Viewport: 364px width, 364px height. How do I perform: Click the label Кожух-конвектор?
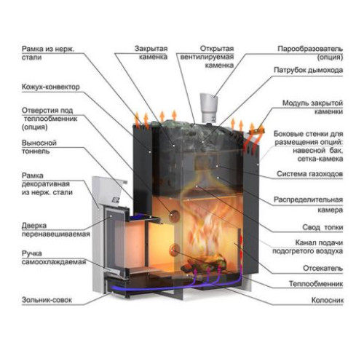coord(51,87)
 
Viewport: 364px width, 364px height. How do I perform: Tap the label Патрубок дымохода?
coord(308,70)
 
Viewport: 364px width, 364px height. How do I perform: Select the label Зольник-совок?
coord(47,300)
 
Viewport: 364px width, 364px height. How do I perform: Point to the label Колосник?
coord(328,300)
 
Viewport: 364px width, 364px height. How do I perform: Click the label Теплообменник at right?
coord(316,283)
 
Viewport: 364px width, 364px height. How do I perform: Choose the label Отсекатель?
coord(323,268)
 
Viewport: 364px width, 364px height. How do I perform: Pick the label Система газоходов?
coord(309,174)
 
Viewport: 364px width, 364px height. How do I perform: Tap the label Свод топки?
coord(323,227)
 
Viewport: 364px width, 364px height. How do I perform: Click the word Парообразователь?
coord(310,49)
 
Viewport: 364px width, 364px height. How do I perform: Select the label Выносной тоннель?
coord(39,147)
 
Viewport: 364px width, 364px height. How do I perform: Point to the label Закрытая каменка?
coord(151,52)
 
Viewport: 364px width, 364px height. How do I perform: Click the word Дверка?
coord(34,226)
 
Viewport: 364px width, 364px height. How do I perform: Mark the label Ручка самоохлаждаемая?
coord(54,258)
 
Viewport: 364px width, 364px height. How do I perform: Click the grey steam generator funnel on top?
coord(208,108)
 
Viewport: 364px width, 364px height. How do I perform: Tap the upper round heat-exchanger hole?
coord(174,215)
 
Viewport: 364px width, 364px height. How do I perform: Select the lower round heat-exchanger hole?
coord(174,250)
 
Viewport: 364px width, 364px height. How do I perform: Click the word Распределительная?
coord(308,199)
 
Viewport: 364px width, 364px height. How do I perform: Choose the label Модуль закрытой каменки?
coord(313,107)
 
